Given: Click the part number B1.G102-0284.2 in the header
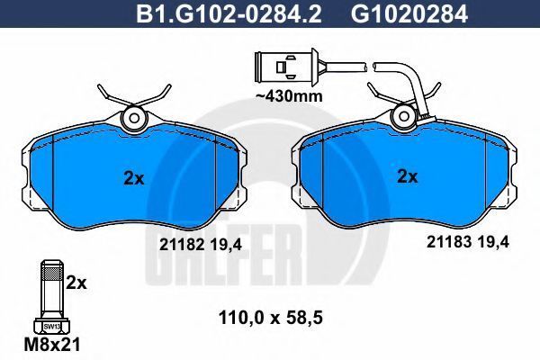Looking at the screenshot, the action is pos(229,13).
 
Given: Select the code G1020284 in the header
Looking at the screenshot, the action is pos(409,13).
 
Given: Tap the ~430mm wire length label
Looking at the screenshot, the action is pos(289,96).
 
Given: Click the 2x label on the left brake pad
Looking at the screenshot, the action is pos(133,178).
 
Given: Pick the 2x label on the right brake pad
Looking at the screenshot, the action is pos(408,176).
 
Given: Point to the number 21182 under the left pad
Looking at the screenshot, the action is pos(181,245).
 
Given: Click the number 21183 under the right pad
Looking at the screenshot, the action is pos(449,242).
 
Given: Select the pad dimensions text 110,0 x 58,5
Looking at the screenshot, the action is pos(271,319).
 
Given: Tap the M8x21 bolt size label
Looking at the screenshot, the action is pos(52,344).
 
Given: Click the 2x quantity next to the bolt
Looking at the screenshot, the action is pos(76,283).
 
